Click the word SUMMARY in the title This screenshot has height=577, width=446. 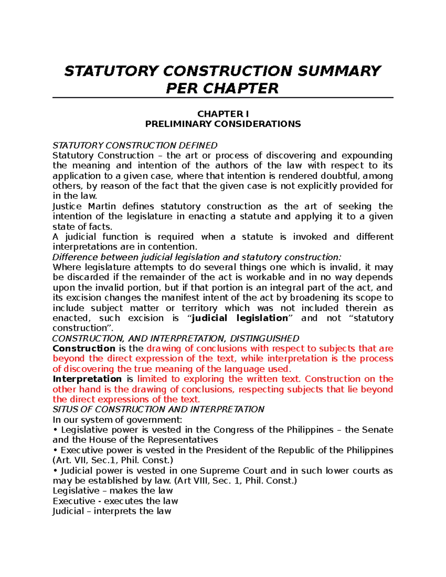click(339, 71)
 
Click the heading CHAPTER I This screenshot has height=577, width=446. click(223, 114)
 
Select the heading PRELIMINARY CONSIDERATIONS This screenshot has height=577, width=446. click(223, 124)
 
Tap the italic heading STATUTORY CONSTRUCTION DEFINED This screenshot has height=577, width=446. click(135, 145)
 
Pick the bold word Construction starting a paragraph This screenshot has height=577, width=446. click(84, 349)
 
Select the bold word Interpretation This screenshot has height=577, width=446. click(87, 379)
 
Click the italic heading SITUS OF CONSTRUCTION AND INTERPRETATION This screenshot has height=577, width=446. click(158, 409)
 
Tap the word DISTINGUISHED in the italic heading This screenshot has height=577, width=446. click(265, 338)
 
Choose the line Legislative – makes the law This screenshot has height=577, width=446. click(113, 491)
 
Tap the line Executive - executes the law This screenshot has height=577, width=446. click(115, 501)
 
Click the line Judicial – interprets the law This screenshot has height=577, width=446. click(112, 511)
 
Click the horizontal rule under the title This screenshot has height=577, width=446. click(223, 98)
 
